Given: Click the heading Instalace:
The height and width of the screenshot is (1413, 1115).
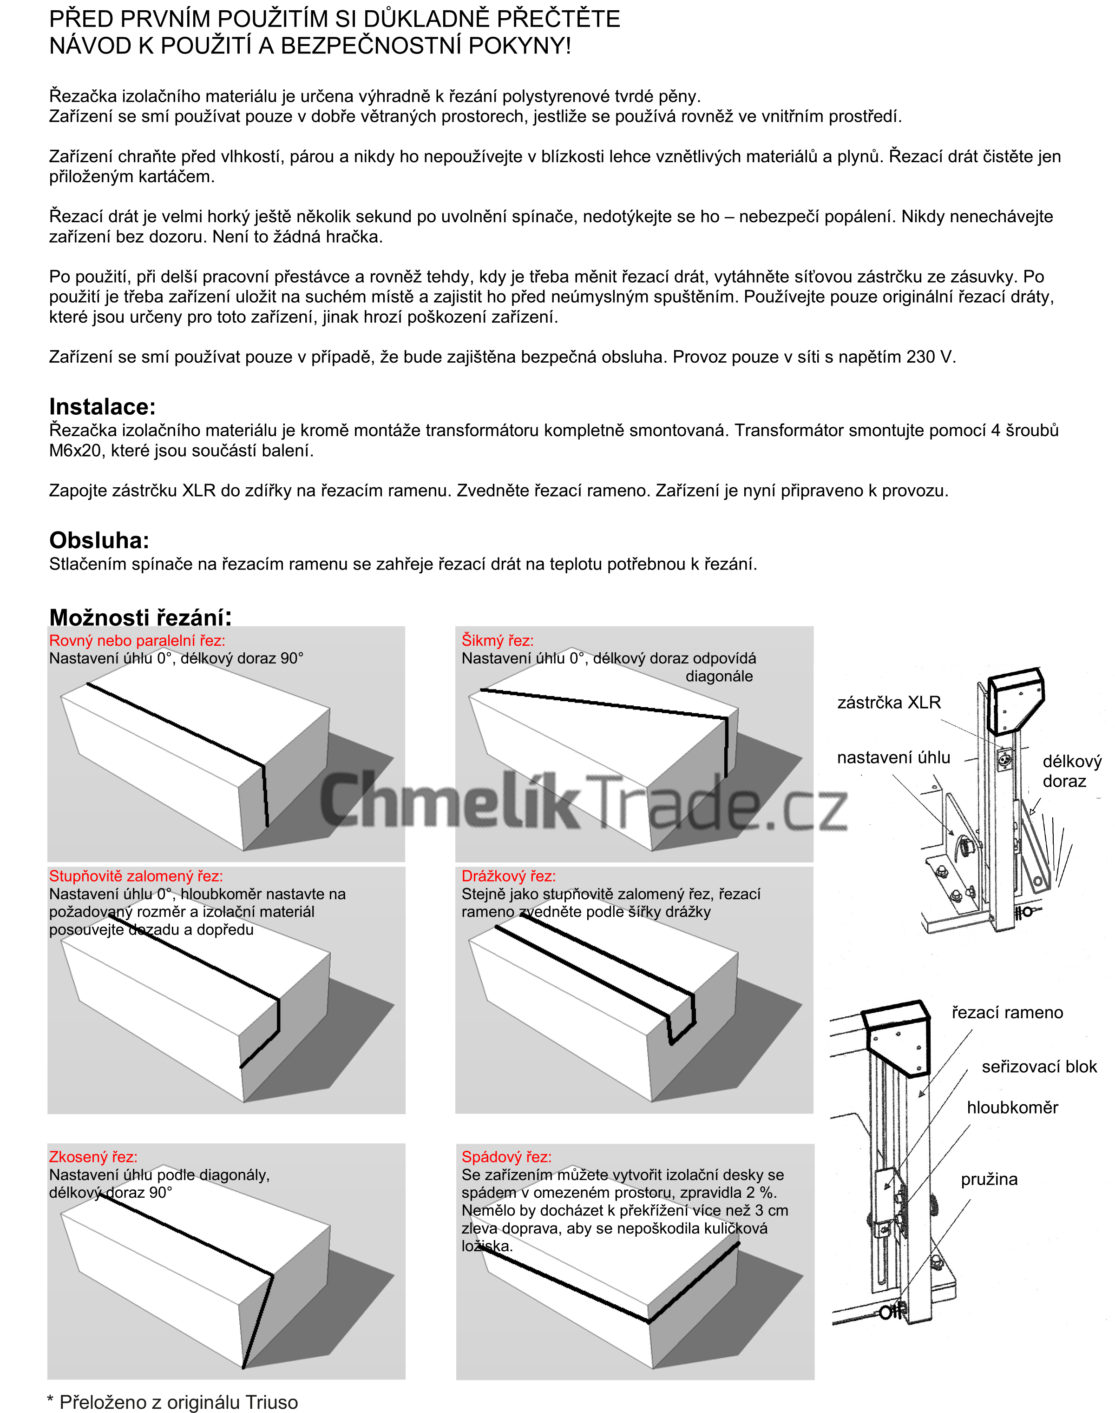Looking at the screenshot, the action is tap(103, 407).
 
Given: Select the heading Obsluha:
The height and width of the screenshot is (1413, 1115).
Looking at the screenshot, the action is tap(99, 540).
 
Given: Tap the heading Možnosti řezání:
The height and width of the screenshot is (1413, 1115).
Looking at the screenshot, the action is tap(140, 617).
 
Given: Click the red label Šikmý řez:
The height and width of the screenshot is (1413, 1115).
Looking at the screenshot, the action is tap(498, 640).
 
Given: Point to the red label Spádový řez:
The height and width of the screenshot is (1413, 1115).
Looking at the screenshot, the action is tap(506, 1157).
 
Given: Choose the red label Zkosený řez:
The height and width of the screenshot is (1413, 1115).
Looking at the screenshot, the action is tap(93, 1157).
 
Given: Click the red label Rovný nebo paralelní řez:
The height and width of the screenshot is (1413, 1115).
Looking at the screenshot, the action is tap(137, 640).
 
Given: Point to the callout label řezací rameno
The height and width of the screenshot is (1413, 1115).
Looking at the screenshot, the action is tap(1007, 1013).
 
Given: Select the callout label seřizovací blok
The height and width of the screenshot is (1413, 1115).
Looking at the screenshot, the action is tap(1039, 1067).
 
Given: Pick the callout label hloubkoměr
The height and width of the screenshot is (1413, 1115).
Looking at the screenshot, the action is tap(1012, 1107).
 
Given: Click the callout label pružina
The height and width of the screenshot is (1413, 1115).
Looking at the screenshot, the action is tap(989, 1179).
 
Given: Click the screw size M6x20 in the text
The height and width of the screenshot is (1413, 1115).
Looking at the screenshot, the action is tap(76, 451).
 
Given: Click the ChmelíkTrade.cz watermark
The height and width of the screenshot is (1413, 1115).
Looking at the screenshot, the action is tap(583, 801).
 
